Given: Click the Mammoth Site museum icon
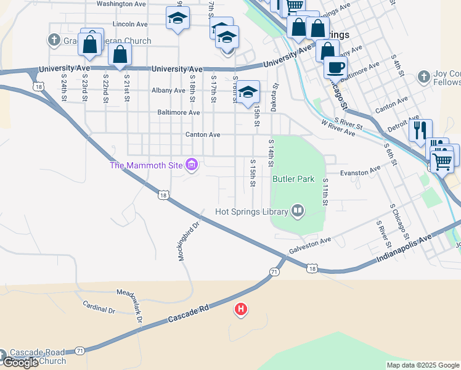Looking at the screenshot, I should click(x=192, y=165).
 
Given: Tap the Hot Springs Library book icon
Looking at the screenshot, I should click(x=298, y=212).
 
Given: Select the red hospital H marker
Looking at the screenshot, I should click(x=241, y=308).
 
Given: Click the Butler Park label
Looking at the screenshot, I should click(x=293, y=179).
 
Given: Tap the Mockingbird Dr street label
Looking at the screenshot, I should click(x=190, y=241).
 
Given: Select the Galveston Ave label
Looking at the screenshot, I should click(x=311, y=246).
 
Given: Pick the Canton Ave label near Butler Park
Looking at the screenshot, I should click(x=203, y=134).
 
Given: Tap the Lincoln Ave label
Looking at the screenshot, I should click(x=130, y=24).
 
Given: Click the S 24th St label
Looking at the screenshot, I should click(x=64, y=89).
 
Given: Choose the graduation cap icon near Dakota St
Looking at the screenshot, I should click(x=248, y=92).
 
